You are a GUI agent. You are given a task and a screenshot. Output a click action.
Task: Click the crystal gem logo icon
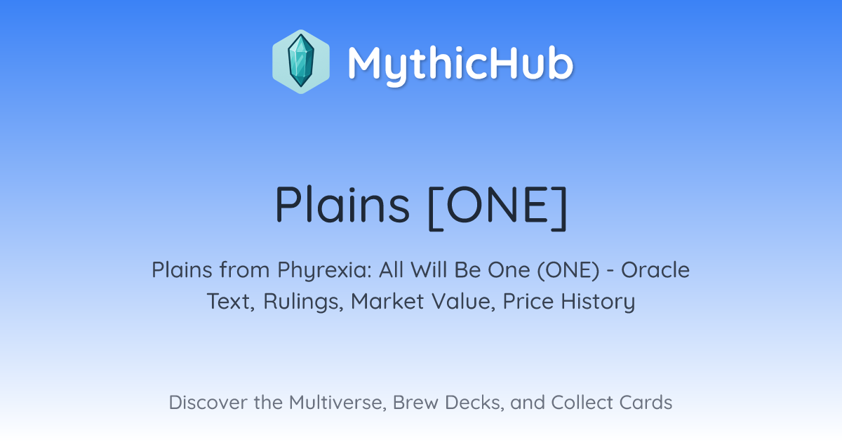click(301, 62)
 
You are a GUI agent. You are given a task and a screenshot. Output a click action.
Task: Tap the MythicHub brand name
click(460, 65)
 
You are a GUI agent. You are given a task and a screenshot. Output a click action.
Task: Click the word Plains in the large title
click(342, 205)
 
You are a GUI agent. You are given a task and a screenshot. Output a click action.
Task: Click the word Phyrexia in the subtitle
click(324, 270)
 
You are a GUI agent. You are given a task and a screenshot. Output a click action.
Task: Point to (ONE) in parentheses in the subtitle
click(568, 270)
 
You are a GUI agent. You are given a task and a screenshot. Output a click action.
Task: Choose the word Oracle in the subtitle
click(655, 270)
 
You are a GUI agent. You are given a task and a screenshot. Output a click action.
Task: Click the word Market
click(387, 302)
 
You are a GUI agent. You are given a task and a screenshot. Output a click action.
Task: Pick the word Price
click(528, 302)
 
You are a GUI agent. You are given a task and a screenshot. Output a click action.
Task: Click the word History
click(598, 302)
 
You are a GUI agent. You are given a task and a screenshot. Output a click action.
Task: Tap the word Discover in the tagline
click(208, 402)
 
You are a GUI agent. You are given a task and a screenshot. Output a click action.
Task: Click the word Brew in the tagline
click(415, 402)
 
